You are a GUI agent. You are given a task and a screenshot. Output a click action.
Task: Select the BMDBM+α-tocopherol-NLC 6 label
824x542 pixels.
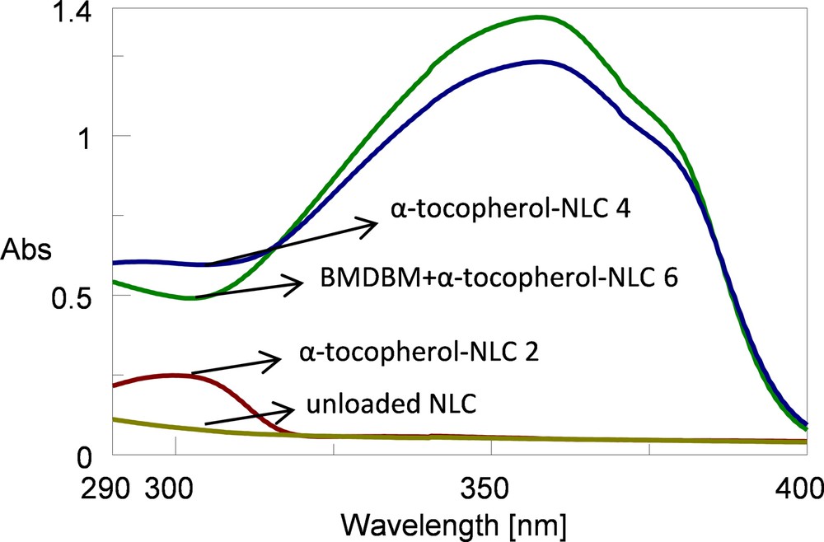[x=499, y=279]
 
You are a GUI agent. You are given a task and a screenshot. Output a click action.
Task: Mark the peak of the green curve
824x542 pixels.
[x=540, y=16]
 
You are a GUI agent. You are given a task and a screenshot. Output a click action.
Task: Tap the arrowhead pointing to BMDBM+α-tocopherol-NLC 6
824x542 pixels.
[x=297, y=284]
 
